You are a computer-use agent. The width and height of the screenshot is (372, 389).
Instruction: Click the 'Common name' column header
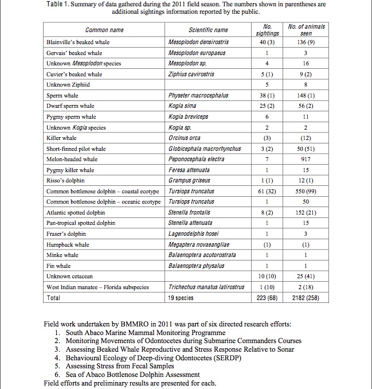pos(104,30)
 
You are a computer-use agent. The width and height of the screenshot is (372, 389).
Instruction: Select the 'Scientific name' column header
pos(208,30)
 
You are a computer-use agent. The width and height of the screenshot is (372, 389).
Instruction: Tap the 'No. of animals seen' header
pos(307,30)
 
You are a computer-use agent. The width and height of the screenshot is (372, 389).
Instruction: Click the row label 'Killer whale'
pos(61,138)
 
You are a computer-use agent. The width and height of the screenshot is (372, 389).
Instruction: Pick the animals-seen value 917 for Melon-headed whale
pos(306,160)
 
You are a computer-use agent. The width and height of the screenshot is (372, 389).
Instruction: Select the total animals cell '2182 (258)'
pos(306,298)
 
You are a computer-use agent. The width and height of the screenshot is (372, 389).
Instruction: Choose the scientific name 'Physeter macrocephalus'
pos(198,95)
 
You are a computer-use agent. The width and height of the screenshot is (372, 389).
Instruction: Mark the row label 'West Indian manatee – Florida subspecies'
pos(97,287)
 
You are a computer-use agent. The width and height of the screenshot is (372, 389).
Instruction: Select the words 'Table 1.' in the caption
pos(57,4)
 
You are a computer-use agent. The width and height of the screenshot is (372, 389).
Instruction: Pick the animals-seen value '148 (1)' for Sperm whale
pos(306,95)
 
